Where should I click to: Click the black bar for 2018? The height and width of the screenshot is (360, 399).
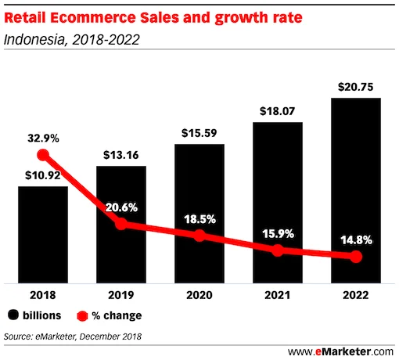tap(42, 235)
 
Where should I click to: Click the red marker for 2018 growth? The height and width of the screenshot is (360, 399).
tap(43, 155)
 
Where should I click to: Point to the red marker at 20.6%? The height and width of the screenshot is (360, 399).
tap(120, 223)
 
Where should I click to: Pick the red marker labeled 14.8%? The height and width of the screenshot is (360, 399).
tap(356, 257)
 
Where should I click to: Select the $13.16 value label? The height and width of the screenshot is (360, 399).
tap(120, 156)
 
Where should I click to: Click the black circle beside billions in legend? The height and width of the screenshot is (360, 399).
tap(13, 315)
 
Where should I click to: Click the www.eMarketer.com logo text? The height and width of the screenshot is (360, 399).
tap(342, 351)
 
